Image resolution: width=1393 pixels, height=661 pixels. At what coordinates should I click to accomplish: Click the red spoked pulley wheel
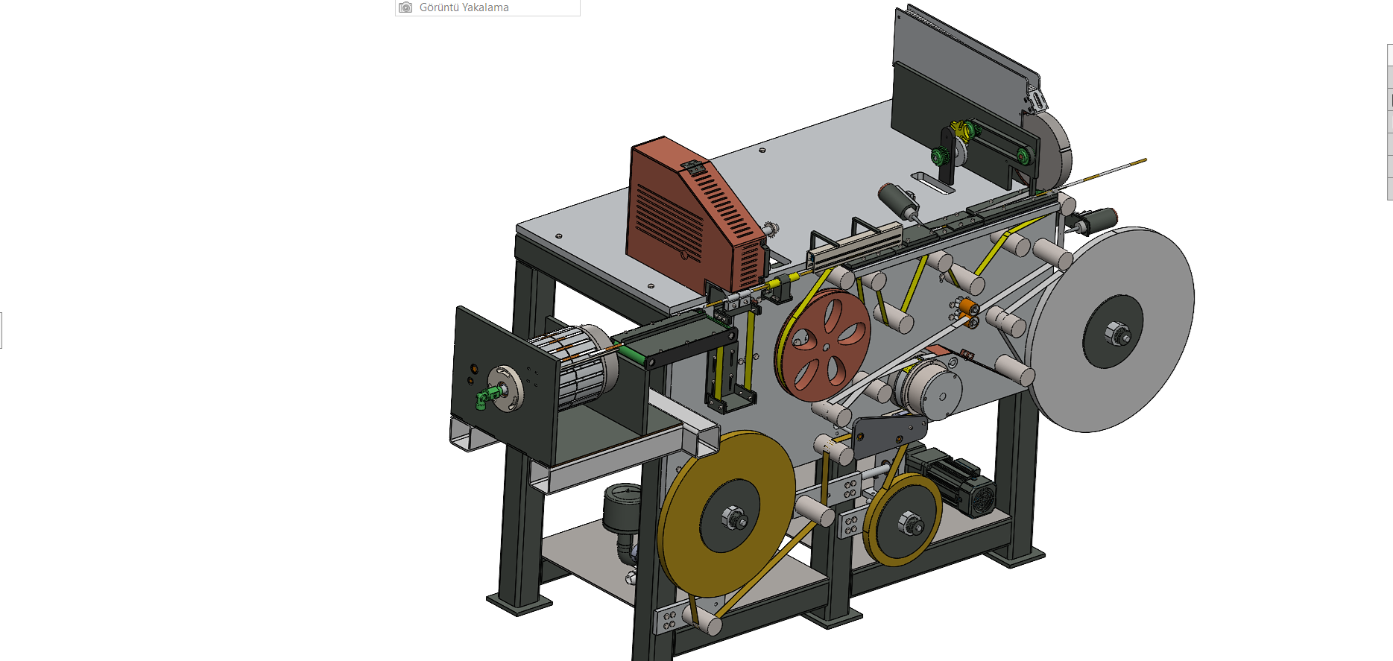point(822,346)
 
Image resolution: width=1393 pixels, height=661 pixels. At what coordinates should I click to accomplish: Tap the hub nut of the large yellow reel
point(733,518)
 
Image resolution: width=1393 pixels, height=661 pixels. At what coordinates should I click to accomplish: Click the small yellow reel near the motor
point(903,519)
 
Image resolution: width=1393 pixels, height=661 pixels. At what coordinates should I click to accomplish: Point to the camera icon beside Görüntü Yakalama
point(405,7)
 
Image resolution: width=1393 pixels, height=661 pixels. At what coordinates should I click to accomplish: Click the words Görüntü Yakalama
point(464,7)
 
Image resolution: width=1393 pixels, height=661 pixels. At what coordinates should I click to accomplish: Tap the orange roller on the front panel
point(967,306)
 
